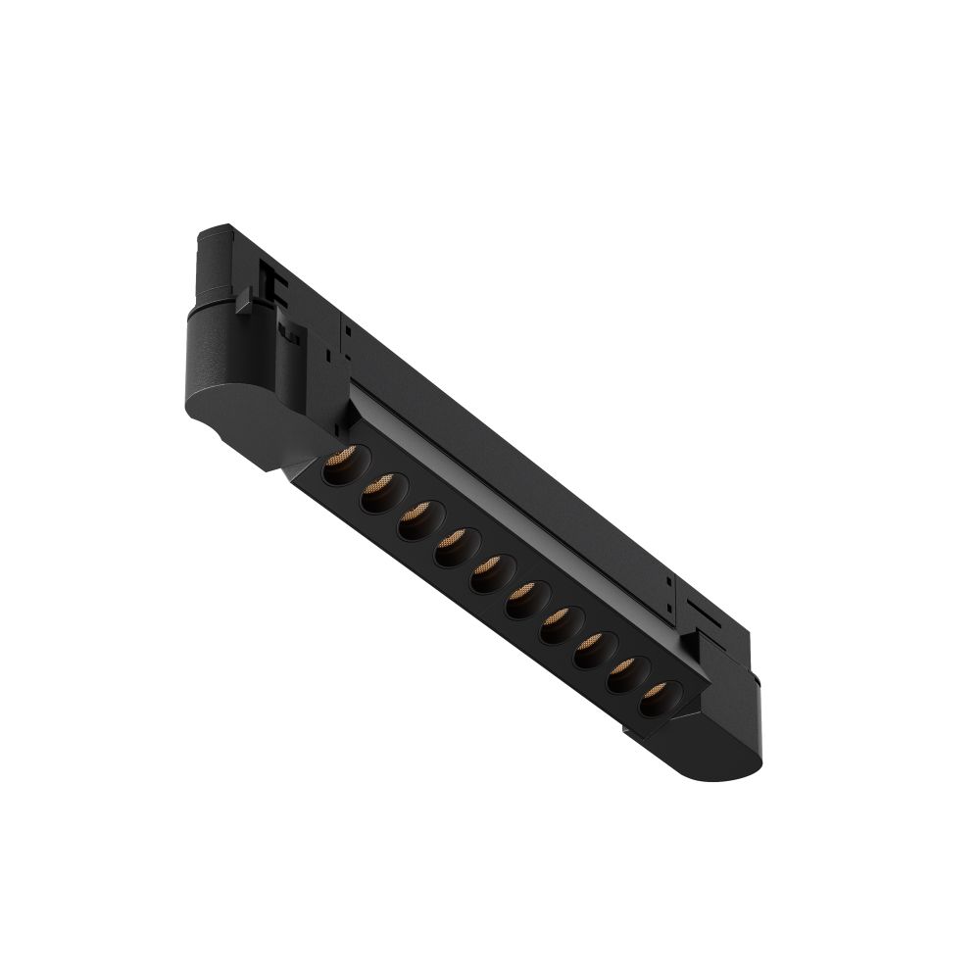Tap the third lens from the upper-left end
click(416, 520)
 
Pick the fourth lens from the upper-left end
click(452, 546)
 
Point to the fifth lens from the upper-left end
click(487, 572)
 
